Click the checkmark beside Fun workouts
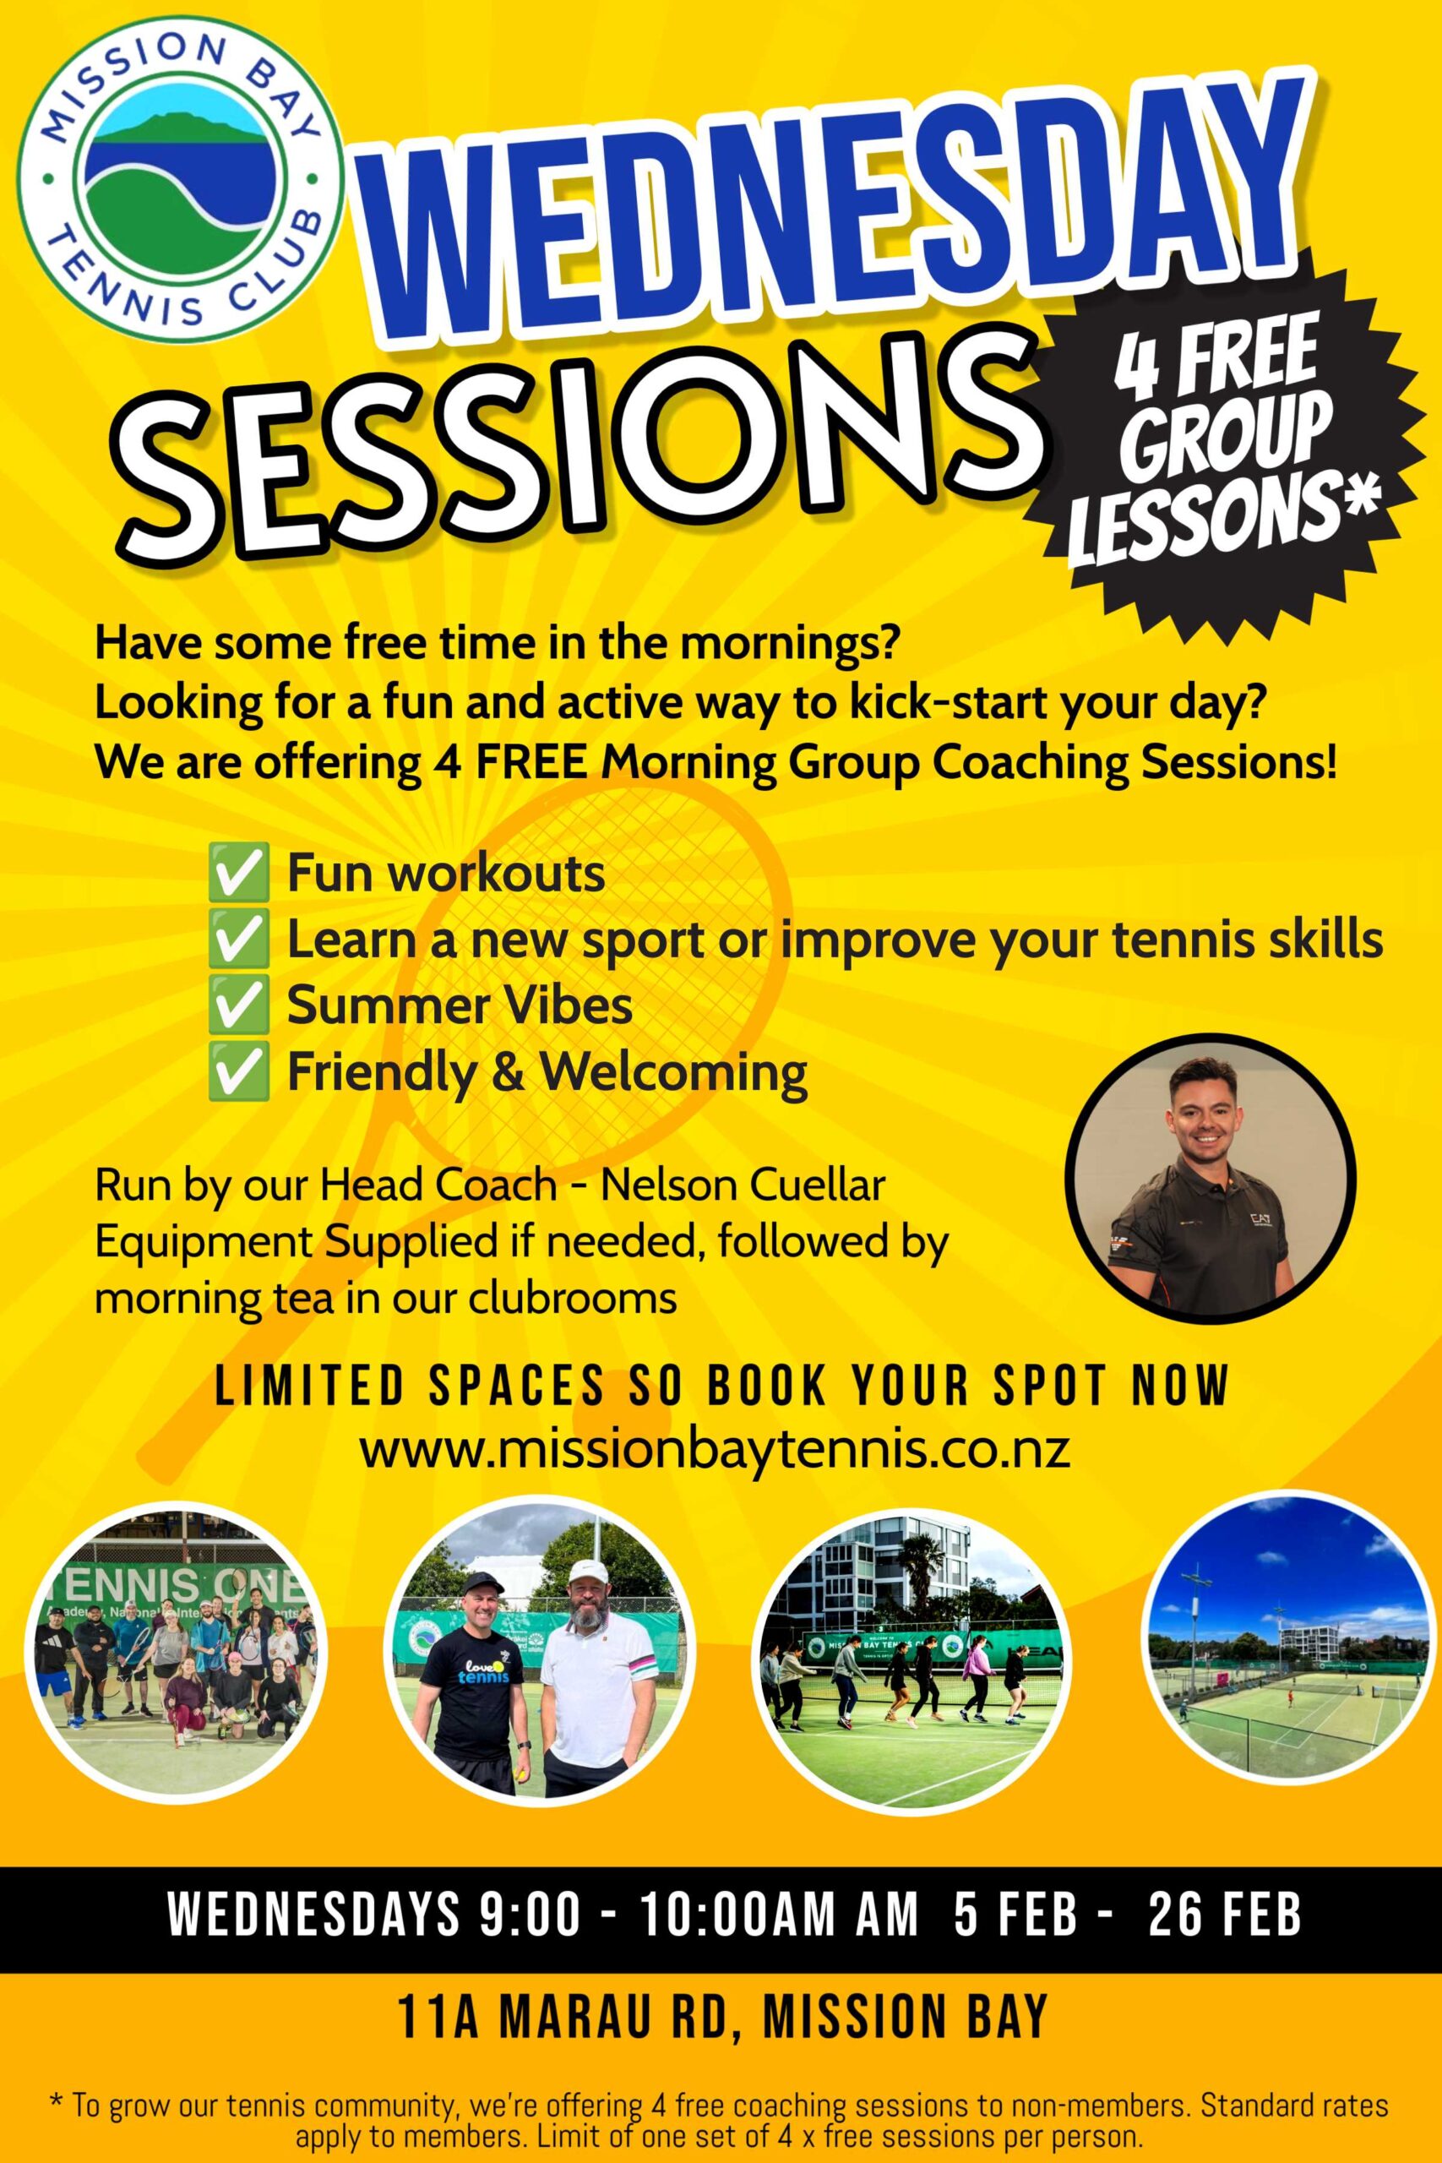click(238, 873)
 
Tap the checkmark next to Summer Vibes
click(238, 1005)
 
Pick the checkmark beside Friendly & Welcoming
click(238, 1071)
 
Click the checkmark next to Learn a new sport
click(238, 939)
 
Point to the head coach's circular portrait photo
click(1210, 1178)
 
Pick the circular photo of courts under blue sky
click(1287, 1639)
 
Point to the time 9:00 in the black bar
click(531, 1915)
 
